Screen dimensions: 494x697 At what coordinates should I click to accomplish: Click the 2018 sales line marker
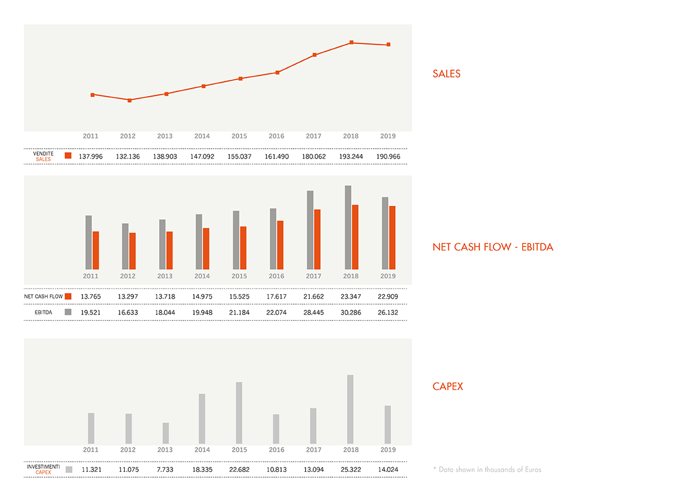point(351,42)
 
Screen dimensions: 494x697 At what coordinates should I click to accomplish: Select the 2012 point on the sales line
point(130,100)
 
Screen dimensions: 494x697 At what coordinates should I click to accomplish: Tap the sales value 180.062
point(314,156)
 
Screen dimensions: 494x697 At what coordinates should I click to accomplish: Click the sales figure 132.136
point(128,156)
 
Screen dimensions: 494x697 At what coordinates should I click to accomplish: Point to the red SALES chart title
point(446,74)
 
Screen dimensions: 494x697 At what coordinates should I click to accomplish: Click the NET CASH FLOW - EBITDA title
point(493,247)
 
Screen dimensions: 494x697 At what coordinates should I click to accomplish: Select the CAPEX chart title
point(448,386)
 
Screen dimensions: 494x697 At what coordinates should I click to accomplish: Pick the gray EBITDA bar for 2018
point(348,227)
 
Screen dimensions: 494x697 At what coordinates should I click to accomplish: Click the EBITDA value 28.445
point(314,312)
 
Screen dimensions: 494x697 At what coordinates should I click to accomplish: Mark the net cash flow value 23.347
point(351,296)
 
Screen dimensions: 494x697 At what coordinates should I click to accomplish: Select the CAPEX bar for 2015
point(239,412)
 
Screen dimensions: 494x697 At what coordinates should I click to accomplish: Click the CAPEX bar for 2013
point(166,433)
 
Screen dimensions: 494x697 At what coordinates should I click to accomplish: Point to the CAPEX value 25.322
point(351,469)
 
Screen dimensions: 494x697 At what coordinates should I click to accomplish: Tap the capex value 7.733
point(165,469)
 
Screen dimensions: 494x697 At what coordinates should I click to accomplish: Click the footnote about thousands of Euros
point(487,469)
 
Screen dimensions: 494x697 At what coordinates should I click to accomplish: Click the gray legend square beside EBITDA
point(69,312)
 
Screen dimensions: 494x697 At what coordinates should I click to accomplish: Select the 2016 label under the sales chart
point(276,136)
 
